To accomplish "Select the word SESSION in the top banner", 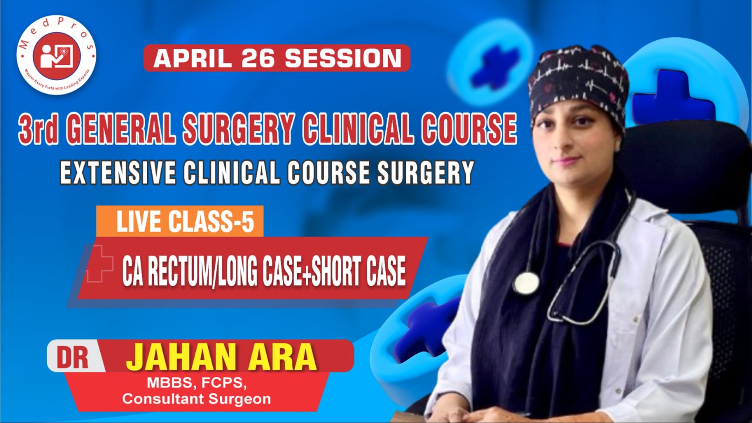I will (x=343, y=58).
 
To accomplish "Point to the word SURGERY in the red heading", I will (x=239, y=128).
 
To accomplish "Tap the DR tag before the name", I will (x=73, y=357).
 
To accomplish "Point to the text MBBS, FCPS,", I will (x=197, y=383).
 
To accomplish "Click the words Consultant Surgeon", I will (x=197, y=399).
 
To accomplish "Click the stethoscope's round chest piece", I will (x=526, y=283).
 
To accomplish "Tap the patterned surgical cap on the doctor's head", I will (x=578, y=78).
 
